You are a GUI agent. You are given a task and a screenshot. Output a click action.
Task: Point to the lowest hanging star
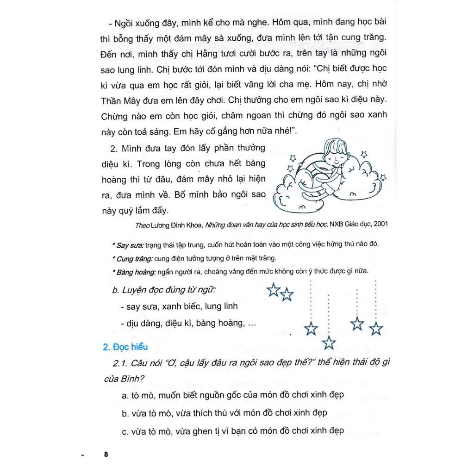pyautogui.click(x=329, y=343)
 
